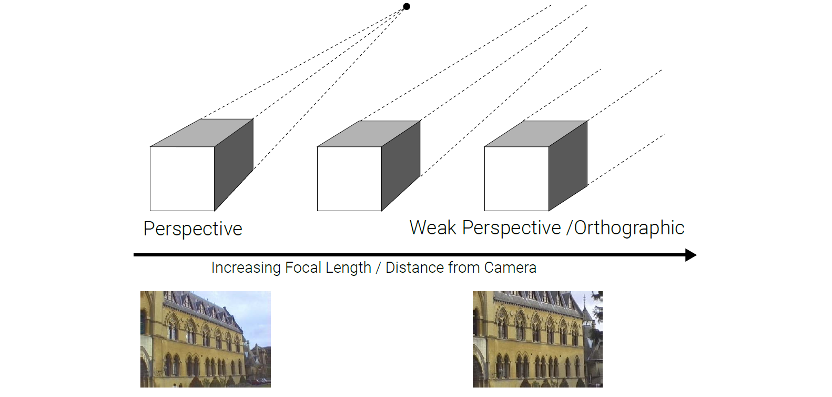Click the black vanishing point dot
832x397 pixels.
point(407,7)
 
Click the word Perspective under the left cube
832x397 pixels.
point(192,229)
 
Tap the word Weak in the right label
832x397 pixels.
point(433,228)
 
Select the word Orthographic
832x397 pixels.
point(629,228)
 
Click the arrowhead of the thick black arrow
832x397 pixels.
point(691,255)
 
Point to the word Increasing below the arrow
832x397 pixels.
point(246,268)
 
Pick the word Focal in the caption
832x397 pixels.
point(303,268)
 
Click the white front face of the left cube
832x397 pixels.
point(182,178)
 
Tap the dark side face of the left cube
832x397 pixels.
point(234,164)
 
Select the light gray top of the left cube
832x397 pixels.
point(202,133)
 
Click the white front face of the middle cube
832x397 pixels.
point(349,178)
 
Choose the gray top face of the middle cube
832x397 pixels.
point(369,134)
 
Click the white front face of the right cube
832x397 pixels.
point(516,178)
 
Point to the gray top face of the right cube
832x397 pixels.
point(536,134)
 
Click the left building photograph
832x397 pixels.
point(206,339)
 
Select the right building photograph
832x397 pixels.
point(537,339)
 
